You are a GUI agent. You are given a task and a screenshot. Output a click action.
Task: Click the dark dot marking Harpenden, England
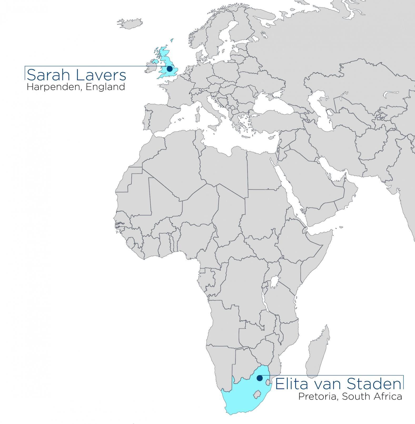[x=170, y=69]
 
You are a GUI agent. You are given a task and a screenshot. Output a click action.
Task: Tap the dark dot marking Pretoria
[x=259, y=378]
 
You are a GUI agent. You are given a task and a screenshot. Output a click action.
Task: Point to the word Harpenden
[x=53, y=87]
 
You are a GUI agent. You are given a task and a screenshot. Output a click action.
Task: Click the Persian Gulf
[x=329, y=168]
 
